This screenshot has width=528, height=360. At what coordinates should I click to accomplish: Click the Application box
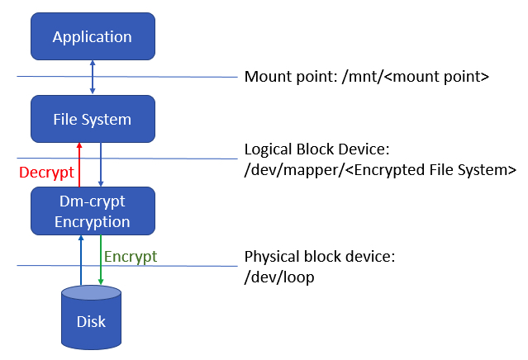pyautogui.click(x=92, y=37)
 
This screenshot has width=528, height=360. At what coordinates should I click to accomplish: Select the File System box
pyautogui.click(x=92, y=120)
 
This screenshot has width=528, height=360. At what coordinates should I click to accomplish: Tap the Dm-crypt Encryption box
pyautogui.click(x=92, y=211)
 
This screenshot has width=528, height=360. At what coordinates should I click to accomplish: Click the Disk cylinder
pyautogui.click(x=92, y=318)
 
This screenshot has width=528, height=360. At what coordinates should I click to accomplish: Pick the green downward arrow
pyautogui.click(x=101, y=260)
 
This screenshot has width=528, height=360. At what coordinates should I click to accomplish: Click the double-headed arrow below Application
pyautogui.click(x=92, y=77)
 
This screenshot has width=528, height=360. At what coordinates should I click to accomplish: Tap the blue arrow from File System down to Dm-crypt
pyautogui.click(x=101, y=164)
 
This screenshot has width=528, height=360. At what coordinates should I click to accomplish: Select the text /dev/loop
pyautogui.click(x=279, y=277)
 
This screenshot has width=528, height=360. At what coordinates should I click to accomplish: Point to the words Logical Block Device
pyautogui.click(x=316, y=150)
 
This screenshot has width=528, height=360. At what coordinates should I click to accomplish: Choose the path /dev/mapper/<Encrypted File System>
pyautogui.click(x=380, y=170)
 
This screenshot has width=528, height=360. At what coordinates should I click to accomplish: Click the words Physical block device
pyautogui.click(x=320, y=257)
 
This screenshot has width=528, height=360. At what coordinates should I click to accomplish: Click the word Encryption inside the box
pyautogui.click(x=92, y=221)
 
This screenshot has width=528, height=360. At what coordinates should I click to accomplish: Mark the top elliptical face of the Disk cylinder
pyautogui.click(x=92, y=292)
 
